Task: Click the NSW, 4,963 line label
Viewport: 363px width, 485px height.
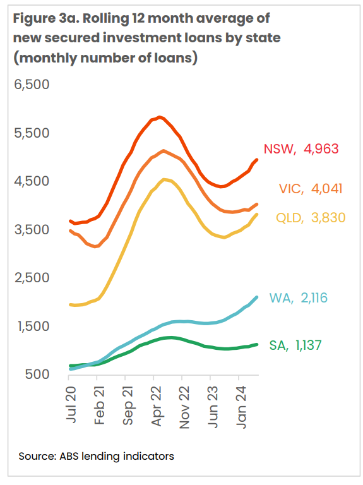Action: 301,149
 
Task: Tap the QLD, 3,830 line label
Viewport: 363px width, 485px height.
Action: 311,218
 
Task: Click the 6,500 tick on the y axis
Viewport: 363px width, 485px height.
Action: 32,85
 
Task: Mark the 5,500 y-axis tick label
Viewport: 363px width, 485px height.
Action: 32,133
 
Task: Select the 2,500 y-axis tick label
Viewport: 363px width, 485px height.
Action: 32,278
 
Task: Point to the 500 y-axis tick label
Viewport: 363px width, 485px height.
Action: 37,374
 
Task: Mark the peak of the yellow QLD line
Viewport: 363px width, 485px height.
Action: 164,179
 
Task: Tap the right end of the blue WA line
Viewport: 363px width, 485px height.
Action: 256,297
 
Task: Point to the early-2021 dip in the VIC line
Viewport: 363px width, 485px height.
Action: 96,246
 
